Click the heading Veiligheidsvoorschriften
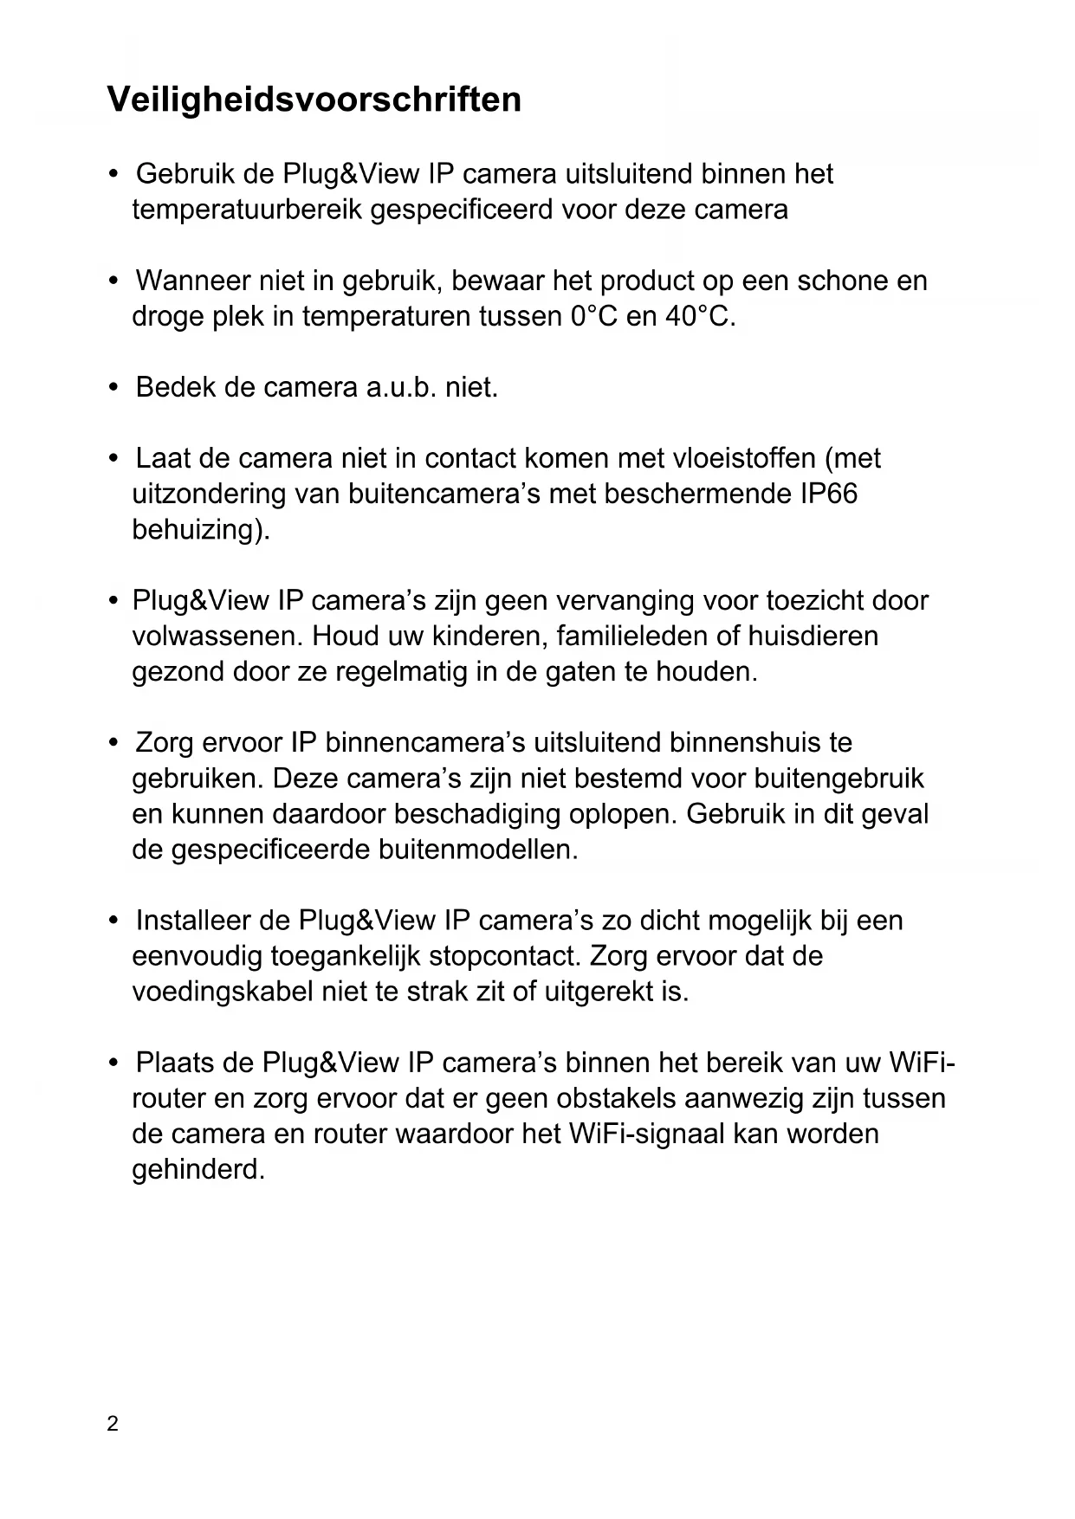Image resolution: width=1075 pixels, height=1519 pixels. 314,100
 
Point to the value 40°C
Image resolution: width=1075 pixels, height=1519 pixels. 700,317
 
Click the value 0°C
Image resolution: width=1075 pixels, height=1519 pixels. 593,317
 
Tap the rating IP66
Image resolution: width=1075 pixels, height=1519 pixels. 826,494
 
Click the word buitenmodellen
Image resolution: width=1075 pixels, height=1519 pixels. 477,850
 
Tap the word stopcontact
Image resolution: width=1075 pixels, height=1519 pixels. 504,956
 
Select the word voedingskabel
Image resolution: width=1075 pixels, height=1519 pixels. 222,992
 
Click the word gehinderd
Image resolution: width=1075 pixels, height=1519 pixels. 197,1170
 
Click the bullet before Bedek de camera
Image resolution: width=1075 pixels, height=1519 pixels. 113,387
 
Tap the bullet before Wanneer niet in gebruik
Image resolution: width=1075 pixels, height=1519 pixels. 113,281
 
